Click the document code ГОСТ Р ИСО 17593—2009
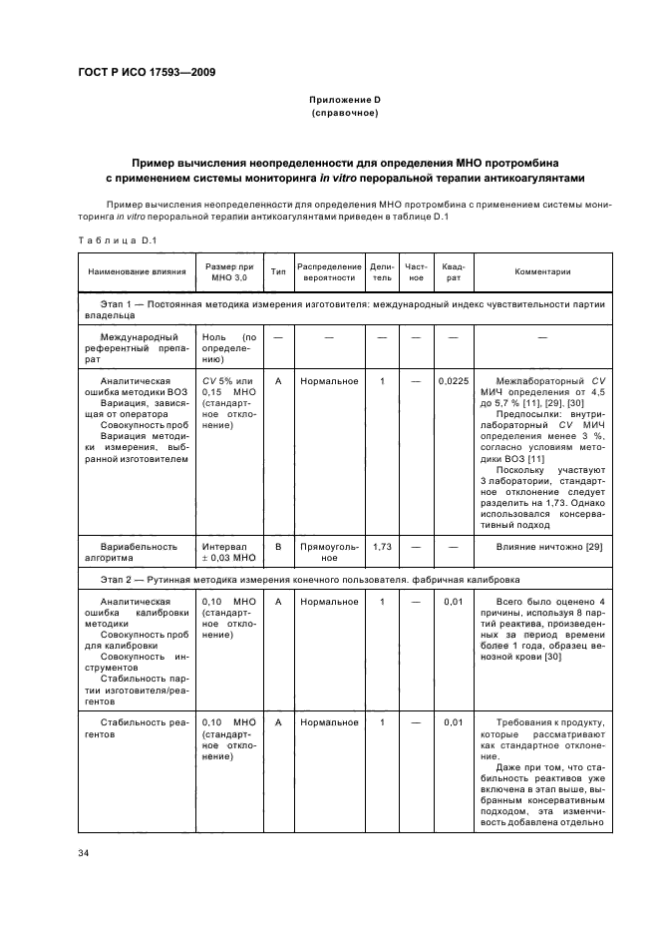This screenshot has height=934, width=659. coord(148,73)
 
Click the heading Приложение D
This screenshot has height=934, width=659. coord(344,101)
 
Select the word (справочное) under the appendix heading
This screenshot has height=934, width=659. coord(344,114)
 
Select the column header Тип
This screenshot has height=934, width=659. coord(278,271)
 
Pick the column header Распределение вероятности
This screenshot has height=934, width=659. coord(329,271)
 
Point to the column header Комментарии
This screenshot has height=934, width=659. coord(542,271)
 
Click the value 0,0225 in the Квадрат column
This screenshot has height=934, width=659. coord(453,381)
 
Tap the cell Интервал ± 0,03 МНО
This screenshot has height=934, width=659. coord(229,552)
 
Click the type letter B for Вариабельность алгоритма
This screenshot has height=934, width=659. coord(278,547)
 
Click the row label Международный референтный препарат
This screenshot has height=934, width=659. coord(134,349)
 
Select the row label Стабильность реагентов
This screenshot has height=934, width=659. coord(132,728)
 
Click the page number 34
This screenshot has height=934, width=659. coord(84,853)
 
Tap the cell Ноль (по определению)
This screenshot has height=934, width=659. coord(229,349)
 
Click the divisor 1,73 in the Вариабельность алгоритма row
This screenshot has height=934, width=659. coord(381,547)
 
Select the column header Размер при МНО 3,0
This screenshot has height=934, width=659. coord(229,271)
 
